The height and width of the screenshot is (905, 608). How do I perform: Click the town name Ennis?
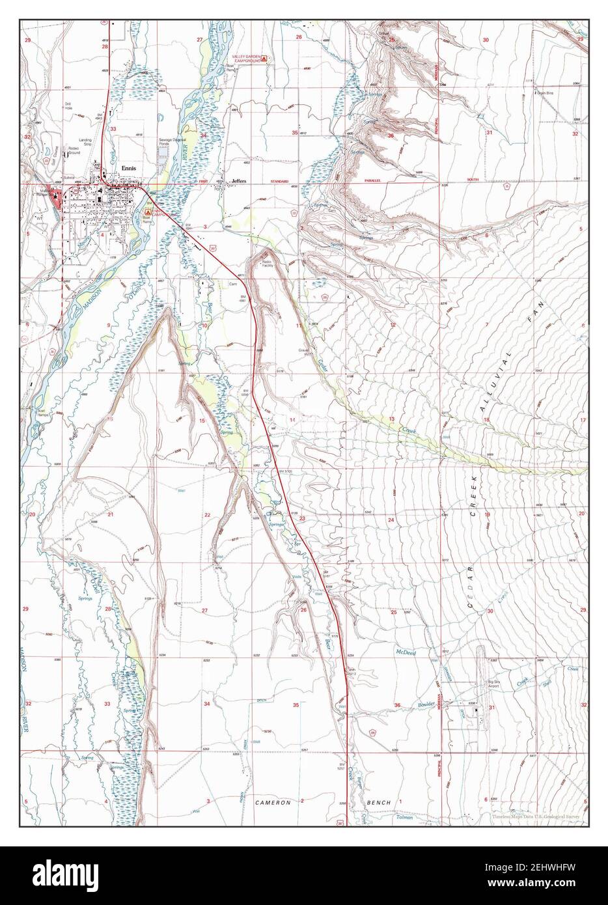click(128, 167)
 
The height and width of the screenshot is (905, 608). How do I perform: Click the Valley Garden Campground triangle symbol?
click(264, 59)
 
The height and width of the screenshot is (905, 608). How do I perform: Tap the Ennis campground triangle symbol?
click(148, 212)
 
